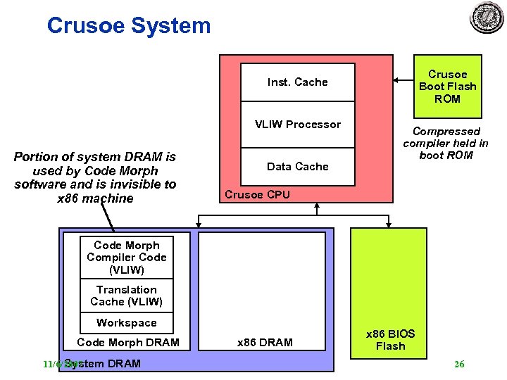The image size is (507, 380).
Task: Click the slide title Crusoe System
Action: (x=128, y=26)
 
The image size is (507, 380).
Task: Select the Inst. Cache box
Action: (x=297, y=82)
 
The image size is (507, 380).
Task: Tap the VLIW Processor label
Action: (x=297, y=125)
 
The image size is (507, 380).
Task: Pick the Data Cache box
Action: (x=297, y=167)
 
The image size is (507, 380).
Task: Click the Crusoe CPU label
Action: (x=257, y=195)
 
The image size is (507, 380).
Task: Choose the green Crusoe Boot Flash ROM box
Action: (x=447, y=87)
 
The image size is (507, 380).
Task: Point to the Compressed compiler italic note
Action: (x=446, y=143)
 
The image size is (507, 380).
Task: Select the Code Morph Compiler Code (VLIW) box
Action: (x=127, y=257)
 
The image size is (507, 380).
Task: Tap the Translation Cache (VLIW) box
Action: (x=127, y=296)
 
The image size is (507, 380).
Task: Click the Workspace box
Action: (x=127, y=323)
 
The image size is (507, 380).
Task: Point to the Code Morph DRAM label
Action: (x=127, y=343)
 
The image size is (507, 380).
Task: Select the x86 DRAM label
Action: (x=265, y=343)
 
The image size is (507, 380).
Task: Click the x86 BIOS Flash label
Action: (x=390, y=339)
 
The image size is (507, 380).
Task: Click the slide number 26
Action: (x=459, y=364)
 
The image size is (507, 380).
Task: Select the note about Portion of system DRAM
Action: (x=95, y=177)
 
